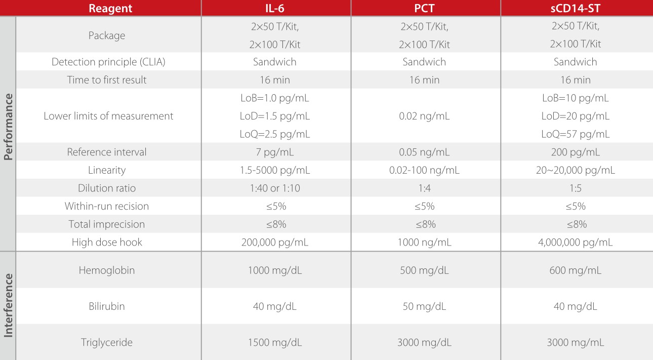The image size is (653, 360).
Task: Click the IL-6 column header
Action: (x=275, y=8)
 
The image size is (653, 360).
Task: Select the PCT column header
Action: (x=424, y=8)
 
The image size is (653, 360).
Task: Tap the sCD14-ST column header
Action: (x=576, y=8)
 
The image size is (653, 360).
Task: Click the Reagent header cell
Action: (x=110, y=8)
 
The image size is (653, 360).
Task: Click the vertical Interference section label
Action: (x=8, y=305)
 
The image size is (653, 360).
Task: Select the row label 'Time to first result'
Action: (x=107, y=80)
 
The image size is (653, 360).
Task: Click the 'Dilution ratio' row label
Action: (x=107, y=188)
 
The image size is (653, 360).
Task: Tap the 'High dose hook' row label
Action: (x=107, y=242)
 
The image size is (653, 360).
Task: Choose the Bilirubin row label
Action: (x=107, y=306)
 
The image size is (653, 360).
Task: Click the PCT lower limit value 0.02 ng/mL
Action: (x=424, y=116)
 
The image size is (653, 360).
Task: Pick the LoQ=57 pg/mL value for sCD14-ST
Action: (x=576, y=134)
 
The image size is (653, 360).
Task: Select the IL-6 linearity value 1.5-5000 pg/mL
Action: (x=275, y=170)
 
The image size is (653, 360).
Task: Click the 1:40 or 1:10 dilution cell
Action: (x=275, y=188)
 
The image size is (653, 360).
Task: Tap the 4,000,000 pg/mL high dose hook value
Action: (x=576, y=242)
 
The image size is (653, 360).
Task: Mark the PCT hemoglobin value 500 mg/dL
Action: (x=424, y=270)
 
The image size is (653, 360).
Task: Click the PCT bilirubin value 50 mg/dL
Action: (x=424, y=306)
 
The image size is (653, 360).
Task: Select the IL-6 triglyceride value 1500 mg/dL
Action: (x=275, y=342)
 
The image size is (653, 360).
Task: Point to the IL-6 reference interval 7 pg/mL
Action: (x=275, y=152)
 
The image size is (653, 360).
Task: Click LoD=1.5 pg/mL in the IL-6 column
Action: (x=275, y=116)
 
